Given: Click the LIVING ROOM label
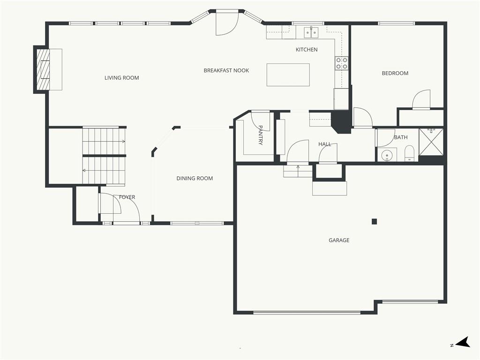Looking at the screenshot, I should click(122, 78).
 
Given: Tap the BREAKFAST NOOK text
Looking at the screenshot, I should click(226, 70).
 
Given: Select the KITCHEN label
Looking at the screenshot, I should click(307, 50).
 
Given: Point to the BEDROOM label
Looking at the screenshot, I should click(395, 73).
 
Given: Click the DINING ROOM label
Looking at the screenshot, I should click(195, 178).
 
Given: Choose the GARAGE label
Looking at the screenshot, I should click(339, 240).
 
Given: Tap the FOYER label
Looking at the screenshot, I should click(127, 197).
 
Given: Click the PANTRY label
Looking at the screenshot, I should click(261, 135).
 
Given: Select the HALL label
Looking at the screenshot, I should click(325, 144).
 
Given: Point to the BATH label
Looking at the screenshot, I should click(401, 137).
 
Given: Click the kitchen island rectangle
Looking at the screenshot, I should click(288, 75).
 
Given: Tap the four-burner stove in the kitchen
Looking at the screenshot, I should click(342, 63).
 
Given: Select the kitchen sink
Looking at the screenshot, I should click(311, 32).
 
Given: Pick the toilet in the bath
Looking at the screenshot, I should click(409, 153).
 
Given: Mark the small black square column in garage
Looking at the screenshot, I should click(374, 222).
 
